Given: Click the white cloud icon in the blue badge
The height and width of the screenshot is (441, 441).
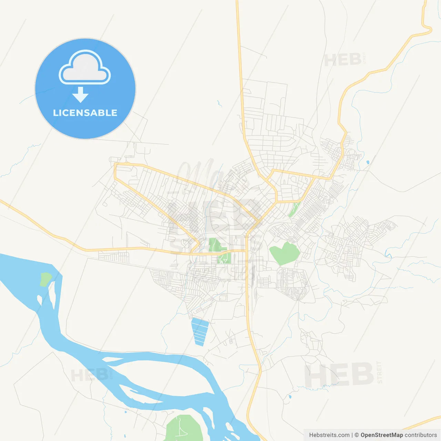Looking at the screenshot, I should (x=85, y=68).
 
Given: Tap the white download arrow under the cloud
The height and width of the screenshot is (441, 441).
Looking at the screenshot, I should (x=81, y=95).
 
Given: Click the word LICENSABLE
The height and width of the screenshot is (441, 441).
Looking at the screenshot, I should (x=85, y=113).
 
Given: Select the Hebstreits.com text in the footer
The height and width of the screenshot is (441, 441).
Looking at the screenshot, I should (x=329, y=435).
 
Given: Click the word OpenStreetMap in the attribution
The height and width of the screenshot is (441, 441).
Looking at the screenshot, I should (x=382, y=435).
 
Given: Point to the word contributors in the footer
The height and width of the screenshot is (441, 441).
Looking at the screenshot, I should (x=421, y=435).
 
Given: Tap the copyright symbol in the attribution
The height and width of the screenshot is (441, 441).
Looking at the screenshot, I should (x=357, y=435).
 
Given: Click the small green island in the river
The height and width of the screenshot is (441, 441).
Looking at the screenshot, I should (x=45, y=279).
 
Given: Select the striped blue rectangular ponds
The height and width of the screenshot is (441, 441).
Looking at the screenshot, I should (x=200, y=331).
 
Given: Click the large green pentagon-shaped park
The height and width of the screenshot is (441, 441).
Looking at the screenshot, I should (x=285, y=254).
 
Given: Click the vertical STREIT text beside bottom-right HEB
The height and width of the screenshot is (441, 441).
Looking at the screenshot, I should (x=380, y=372).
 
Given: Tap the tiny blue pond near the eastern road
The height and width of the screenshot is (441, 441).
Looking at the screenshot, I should (x=368, y=162).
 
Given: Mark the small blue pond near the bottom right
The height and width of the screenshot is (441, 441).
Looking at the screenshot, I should (x=289, y=397).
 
